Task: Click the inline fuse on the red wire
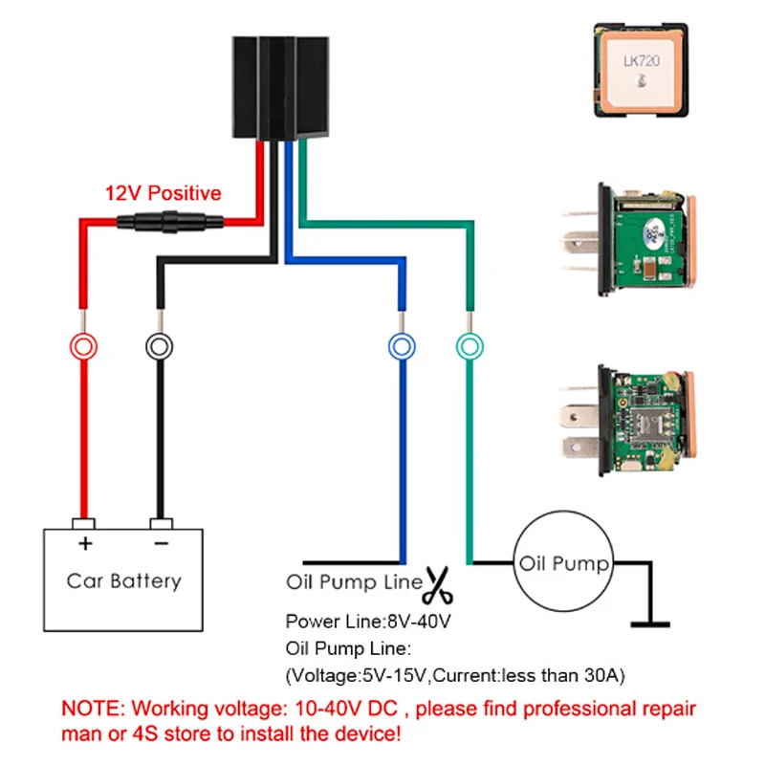[x=170, y=222]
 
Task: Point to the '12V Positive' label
[x=163, y=193]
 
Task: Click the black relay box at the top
[x=280, y=88]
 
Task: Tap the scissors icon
[x=438, y=584]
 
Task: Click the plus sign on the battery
[x=85, y=543]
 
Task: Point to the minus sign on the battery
[x=162, y=543]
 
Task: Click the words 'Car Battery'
[x=124, y=580]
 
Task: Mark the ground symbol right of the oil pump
[x=650, y=624]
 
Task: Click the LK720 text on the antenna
[x=642, y=60]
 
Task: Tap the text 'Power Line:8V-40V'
[x=368, y=621]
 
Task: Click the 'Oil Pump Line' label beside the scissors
[x=354, y=582]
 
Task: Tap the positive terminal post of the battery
[x=83, y=524]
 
